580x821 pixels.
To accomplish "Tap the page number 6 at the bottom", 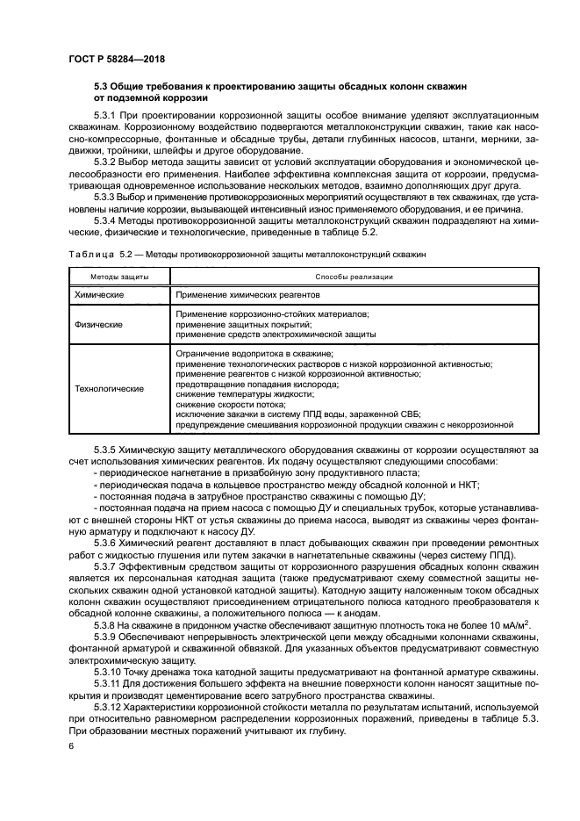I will (x=71, y=745).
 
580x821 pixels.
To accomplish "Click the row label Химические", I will (x=100, y=296).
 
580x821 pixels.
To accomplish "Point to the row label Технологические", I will (x=110, y=388).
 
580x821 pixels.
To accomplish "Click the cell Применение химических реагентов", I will (x=247, y=296).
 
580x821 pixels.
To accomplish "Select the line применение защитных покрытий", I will (x=237, y=324).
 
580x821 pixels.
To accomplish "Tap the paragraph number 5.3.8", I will (x=106, y=623).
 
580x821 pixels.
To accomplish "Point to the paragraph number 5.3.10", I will (x=109, y=668).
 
